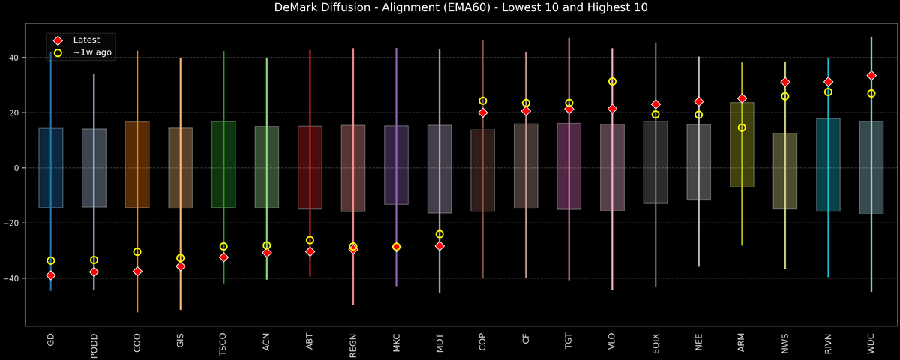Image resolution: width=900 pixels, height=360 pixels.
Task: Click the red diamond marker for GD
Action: tap(50, 275)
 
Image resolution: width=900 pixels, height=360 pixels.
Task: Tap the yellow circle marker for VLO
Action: tap(612, 81)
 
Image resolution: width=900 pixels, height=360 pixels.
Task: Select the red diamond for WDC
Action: tap(871, 76)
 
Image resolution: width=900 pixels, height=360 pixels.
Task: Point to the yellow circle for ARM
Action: tap(742, 127)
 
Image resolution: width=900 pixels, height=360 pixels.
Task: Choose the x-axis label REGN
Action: tap(353, 341)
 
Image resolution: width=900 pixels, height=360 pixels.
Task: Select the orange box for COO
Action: tap(137, 164)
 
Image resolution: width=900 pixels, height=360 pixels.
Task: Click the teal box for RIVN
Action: tap(828, 165)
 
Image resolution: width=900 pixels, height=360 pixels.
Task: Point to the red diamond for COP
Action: tap(482, 112)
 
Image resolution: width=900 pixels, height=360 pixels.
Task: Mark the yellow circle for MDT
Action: tap(439, 234)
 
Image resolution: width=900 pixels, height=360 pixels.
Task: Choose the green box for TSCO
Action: tap(223, 164)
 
